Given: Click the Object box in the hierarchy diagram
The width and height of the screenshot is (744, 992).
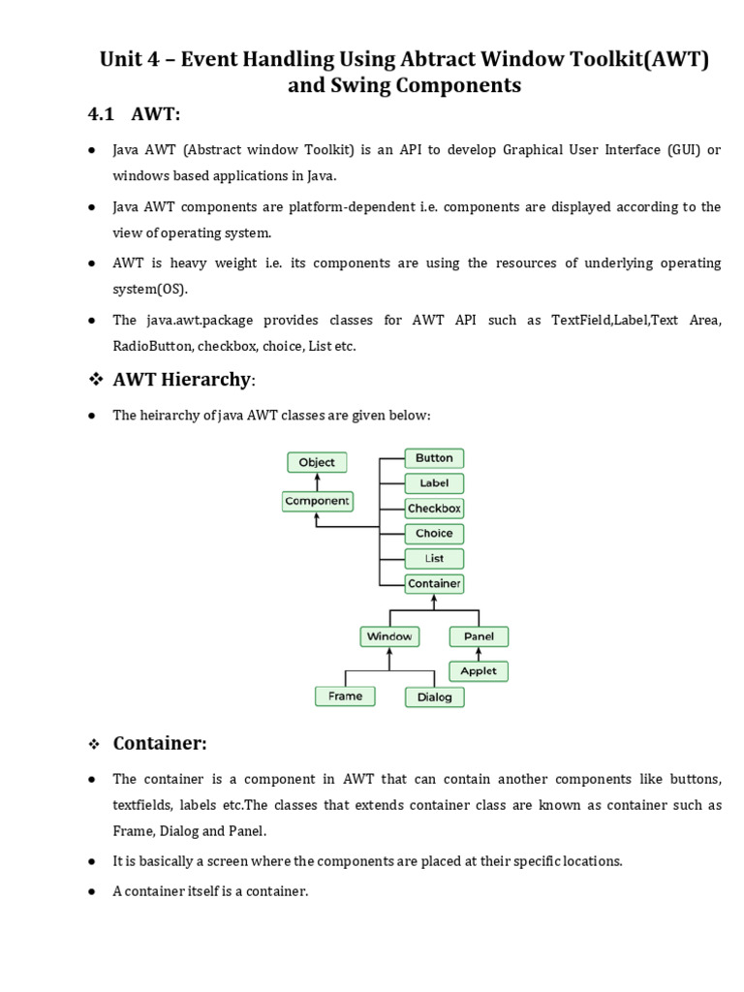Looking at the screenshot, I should (317, 463).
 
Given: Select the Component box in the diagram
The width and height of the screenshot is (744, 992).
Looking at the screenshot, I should (317, 501).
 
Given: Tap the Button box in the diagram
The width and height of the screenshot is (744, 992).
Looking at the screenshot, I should (434, 458).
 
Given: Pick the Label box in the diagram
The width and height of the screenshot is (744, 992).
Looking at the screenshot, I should (434, 483).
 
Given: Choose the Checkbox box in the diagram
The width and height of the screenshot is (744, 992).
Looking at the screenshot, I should (434, 509).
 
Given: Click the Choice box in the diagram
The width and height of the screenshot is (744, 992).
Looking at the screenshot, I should (434, 534).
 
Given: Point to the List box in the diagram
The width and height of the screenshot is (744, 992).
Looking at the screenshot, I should (434, 559).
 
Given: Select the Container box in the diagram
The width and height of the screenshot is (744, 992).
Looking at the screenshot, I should (434, 584).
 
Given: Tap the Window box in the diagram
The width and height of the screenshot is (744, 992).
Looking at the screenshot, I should (389, 636).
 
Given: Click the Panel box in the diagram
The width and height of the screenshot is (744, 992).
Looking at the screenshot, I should (479, 636).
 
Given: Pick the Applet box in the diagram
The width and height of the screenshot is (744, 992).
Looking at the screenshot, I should (479, 670).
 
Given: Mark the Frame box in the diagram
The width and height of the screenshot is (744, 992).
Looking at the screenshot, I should (345, 696).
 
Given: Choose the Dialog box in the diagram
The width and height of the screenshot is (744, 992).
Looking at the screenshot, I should (434, 697).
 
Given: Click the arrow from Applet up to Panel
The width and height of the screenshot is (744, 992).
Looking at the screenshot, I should (479, 654).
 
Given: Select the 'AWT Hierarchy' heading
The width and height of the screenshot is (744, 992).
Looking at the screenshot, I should (182, 380).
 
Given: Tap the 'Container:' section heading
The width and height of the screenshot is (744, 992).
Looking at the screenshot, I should (160, 743).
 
